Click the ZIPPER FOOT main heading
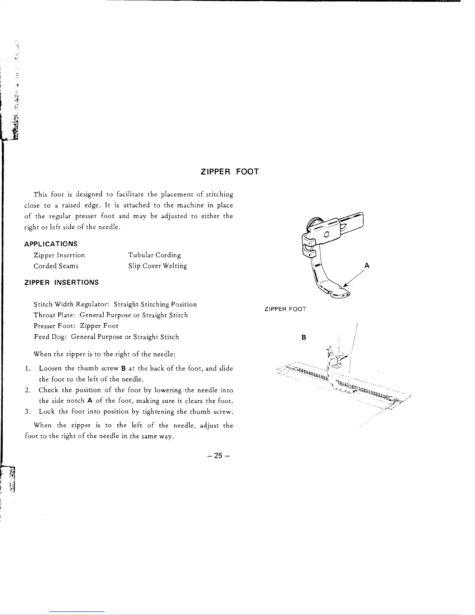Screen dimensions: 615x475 click(x=229, y=171)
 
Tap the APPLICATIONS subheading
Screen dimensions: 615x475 click(x=51, y=244)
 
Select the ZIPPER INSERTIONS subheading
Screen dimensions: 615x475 click(x=61, y=282)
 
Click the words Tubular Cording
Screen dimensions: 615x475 click(x=154, y=255)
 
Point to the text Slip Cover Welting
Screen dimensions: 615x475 click(x=158, y=266)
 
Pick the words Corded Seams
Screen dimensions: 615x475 click(x=56, y=266)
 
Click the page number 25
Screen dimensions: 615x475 click(x=218, y=455)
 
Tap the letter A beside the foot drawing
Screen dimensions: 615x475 click(x=367, y=266)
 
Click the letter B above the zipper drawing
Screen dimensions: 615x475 click(x=304, y=337)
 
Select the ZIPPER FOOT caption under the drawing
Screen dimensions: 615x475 click(x=285, y=309)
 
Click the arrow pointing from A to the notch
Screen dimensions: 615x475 click(x=353, y=278)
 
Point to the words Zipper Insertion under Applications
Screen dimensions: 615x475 click(x=59, y=255)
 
